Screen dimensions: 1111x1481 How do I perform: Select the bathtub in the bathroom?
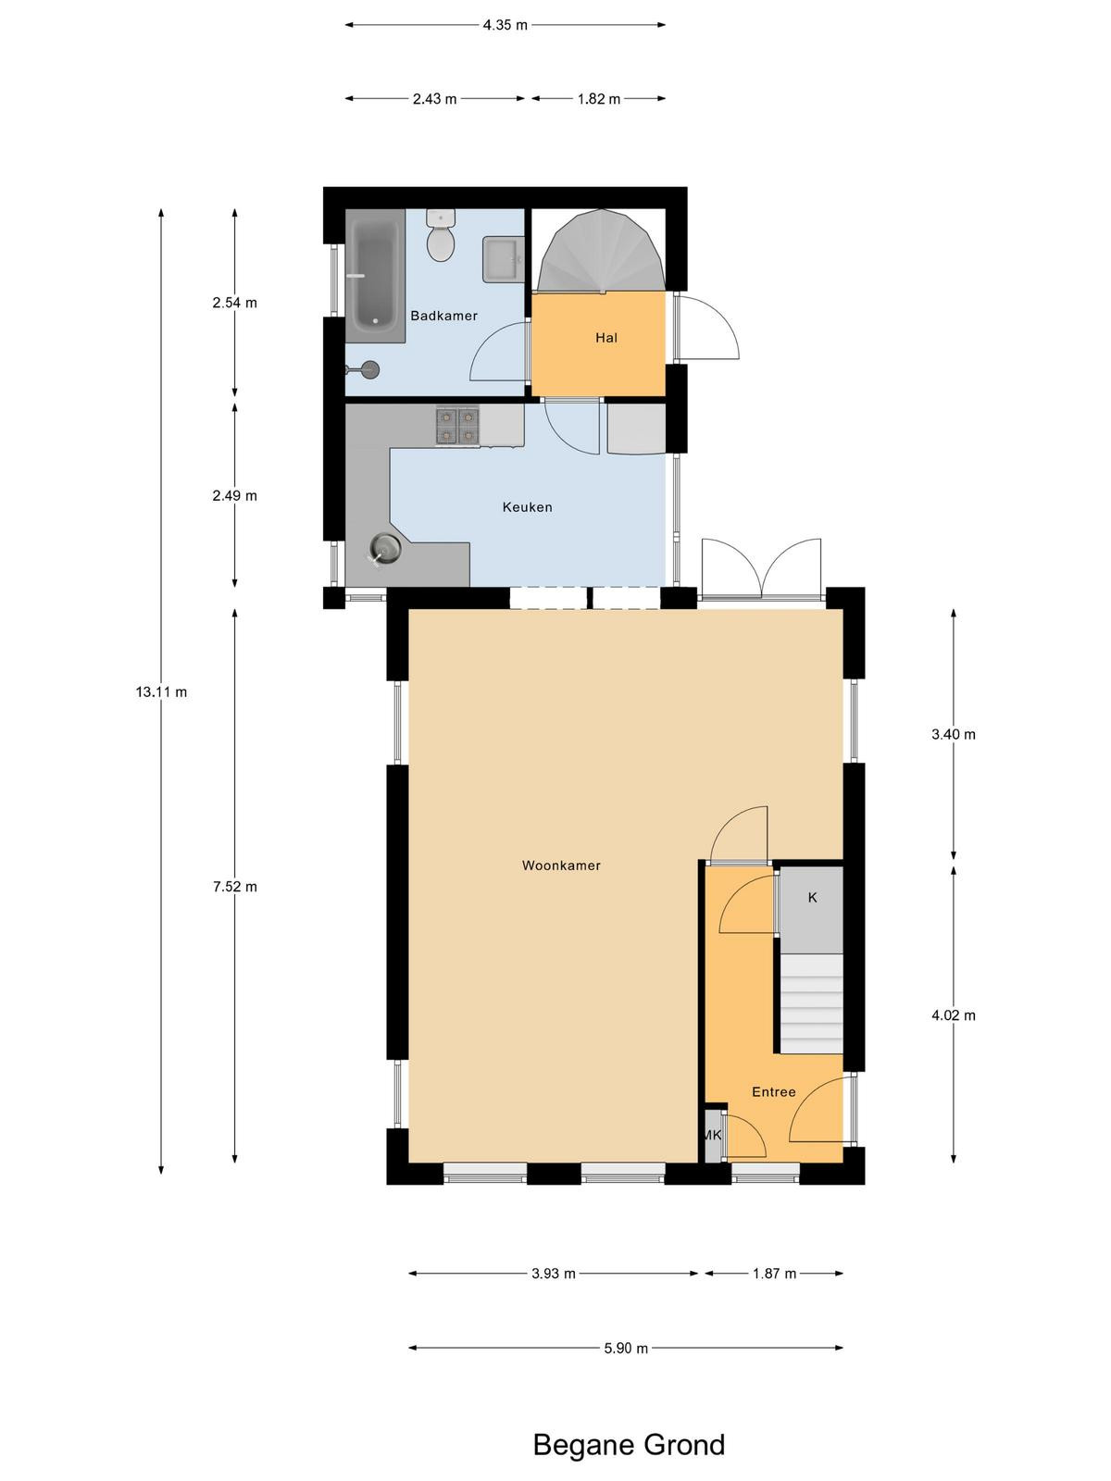pos(375,275)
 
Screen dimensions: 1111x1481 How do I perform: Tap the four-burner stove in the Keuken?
pos(457,426)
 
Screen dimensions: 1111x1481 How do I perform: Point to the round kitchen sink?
pos(386,549)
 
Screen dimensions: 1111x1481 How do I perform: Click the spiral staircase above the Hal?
pos(601,250)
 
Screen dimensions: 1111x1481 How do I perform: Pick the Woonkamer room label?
pos(560,865)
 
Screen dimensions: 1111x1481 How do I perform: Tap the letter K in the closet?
pos(812,897)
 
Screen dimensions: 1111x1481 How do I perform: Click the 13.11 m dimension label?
pos(161,691)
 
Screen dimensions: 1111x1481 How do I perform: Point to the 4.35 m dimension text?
pos(506,25)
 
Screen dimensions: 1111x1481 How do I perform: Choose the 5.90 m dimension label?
pos(626,1348)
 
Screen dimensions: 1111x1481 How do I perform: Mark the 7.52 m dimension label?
pos(235,887)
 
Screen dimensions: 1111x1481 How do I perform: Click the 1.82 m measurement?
pos(598,99)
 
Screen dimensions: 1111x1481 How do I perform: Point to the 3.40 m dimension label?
pos(954,734)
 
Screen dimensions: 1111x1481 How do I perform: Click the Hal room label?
pos(605,337)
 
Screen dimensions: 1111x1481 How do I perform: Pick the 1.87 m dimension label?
pos(774,1274)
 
